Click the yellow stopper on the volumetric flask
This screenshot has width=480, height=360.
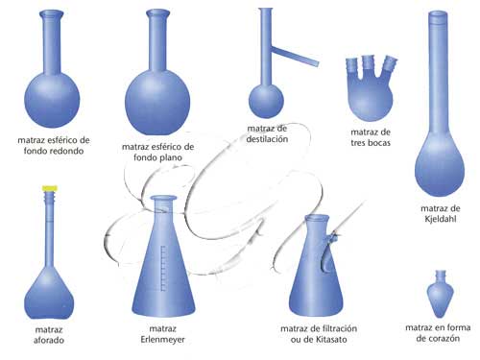pyautogui.click(x=50, y=188)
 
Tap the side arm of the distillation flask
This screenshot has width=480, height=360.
pyautogui.click(x=295, y=57)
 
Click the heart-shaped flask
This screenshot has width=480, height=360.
pyautogui.click(x=441, y=294)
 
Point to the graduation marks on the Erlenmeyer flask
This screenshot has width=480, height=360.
pyautogui.click(x=163, y=268)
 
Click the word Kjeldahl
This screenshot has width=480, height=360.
pyautogui.click(x=441, y=219)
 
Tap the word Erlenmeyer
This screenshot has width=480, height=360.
pyautogui.click(x=162, y=340)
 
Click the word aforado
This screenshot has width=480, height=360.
pyautogui.click(x=49, y=340)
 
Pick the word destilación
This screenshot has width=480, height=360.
pyautogui.click(x=267, y=139)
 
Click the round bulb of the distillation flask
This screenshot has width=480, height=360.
pyautogui.click(x=266, y=102)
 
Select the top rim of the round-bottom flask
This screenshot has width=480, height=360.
pyautogui.click(x=52, y=13)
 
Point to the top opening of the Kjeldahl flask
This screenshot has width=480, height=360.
pyautogui.click(x=438, y=13)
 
